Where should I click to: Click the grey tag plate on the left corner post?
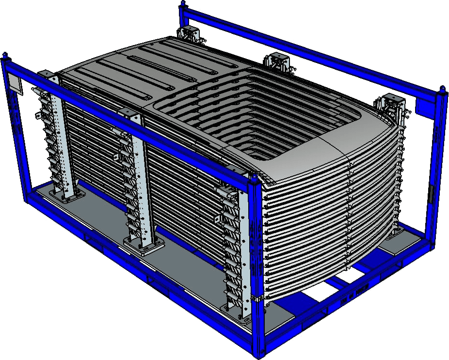point(15,84)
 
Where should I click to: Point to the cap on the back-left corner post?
point(182,5)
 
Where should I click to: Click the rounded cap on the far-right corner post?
point(442,89)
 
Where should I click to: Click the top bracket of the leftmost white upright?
point(47,75)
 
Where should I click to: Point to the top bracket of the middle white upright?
point(129,115)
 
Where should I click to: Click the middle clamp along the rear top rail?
point(276,62)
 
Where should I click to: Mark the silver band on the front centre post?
point(257,297)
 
